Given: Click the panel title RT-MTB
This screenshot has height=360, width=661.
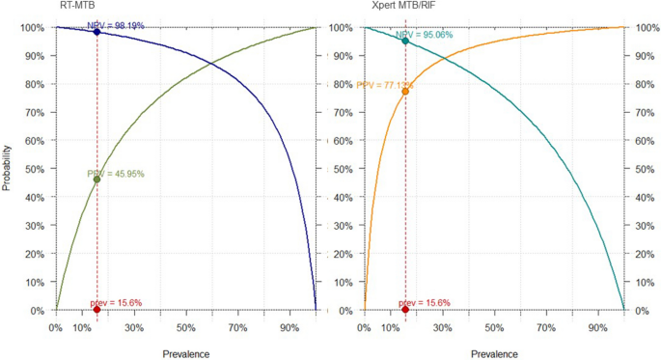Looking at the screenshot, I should (78, 7).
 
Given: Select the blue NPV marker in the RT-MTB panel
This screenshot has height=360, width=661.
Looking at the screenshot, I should (96, 32).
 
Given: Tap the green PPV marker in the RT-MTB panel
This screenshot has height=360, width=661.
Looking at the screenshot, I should (96, 180).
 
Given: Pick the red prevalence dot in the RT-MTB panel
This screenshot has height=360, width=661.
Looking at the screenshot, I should (96, 310).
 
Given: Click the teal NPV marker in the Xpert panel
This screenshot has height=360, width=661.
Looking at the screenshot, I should (405, 41).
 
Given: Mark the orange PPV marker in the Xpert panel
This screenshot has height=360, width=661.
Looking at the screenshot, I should (405, 92).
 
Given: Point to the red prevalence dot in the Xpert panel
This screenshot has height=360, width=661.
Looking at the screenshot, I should (405, 310).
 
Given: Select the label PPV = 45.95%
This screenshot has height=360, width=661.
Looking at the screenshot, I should (115, 174).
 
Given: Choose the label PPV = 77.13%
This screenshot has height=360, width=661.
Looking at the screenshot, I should (380, 85).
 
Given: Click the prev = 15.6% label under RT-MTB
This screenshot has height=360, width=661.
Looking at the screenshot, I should (116, 303).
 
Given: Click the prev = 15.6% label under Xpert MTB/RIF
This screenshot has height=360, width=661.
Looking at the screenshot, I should (426, 303).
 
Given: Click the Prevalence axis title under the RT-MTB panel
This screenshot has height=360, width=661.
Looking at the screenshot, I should (184, 354).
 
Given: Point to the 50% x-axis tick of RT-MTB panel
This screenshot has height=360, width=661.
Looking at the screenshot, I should (185, 328).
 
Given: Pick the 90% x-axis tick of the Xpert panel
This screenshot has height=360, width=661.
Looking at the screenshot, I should (597, 328).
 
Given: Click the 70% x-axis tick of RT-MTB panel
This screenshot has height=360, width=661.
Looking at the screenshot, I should (237, 328).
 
